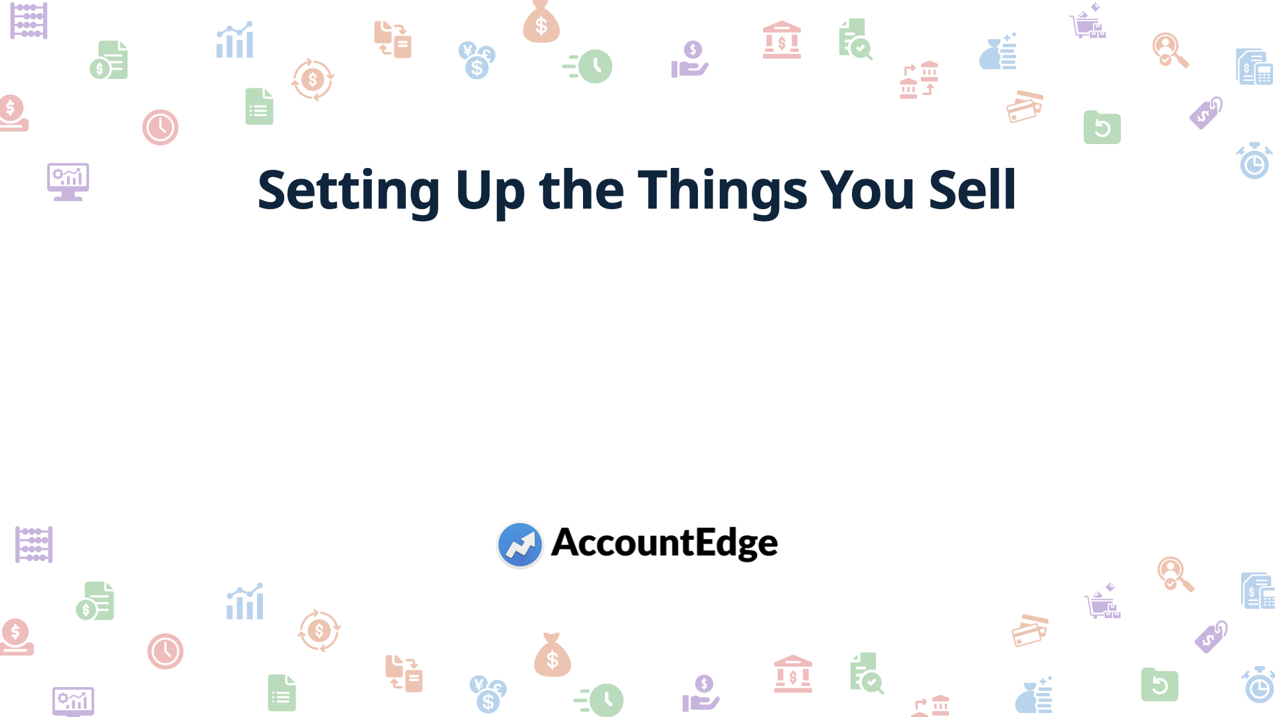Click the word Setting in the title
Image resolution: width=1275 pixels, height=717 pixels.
(348, 191)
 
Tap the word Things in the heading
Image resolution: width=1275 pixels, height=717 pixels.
(722, 191)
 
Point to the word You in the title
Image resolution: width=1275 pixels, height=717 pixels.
(867, 191)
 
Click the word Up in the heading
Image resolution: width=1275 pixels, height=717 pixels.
(489, 191)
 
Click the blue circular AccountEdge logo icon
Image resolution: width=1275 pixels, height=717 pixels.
(520, 544)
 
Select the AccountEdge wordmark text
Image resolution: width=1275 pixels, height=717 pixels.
(664, 543)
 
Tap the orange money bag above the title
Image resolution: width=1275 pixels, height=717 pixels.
(541, 23)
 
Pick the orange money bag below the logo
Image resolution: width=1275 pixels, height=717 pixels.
(552, 655)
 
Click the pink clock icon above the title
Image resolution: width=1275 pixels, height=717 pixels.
(160, 127)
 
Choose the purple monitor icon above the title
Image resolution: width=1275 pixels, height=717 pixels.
(68, 181)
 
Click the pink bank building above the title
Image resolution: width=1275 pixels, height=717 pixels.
(782, 40)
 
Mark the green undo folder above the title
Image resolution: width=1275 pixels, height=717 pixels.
(1102, 127)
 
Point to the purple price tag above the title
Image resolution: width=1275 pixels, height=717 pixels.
(1206, 113)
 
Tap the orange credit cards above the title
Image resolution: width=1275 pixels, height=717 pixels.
(1025, 107)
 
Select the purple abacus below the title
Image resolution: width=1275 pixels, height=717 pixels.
(34, 544)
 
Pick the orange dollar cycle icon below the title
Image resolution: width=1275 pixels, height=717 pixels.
(319, 631)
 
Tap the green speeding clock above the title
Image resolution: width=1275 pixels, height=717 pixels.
(588, 66)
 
